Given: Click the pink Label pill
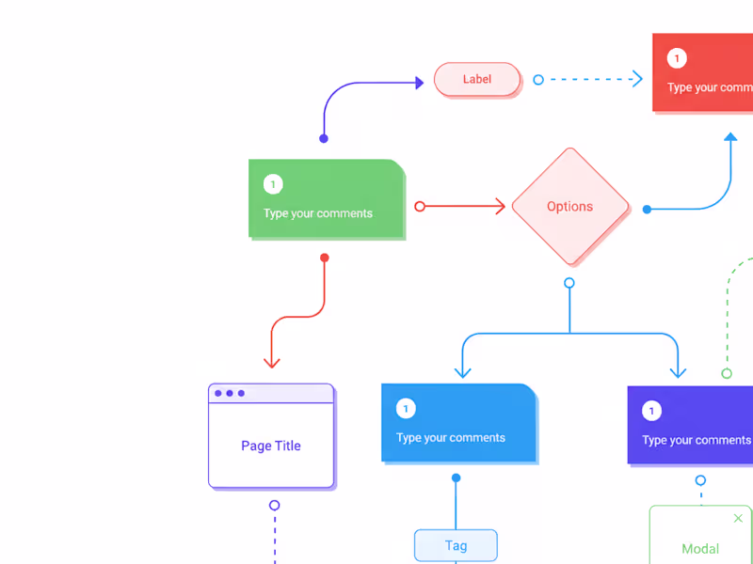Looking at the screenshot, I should coord(477,79).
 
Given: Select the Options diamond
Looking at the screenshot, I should coord(569,206).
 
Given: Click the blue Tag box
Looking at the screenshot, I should coord(456,545).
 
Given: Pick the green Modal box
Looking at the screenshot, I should coord(700,538).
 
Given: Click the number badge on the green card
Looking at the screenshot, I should coord(273,184).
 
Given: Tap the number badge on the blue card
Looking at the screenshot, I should coord(406,409).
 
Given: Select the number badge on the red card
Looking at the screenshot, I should coord(677,59).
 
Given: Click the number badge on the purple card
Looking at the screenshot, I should coord(651,411).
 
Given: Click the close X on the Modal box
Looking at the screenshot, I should coord(738,518).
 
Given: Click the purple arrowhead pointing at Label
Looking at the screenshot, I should coord(420,83).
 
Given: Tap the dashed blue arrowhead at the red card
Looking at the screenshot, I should coord(637,79).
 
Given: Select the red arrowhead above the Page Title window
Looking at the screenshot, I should coord(271,362).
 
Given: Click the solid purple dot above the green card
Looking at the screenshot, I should coord(324,138).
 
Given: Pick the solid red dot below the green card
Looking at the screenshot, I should coord(325,258).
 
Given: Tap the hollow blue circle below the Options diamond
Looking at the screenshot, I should coord(569,283).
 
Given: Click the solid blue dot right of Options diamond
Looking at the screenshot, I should coord(647,210).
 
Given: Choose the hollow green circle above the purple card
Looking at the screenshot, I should coord(727,373).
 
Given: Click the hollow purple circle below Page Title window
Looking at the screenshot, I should coord(275,505).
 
